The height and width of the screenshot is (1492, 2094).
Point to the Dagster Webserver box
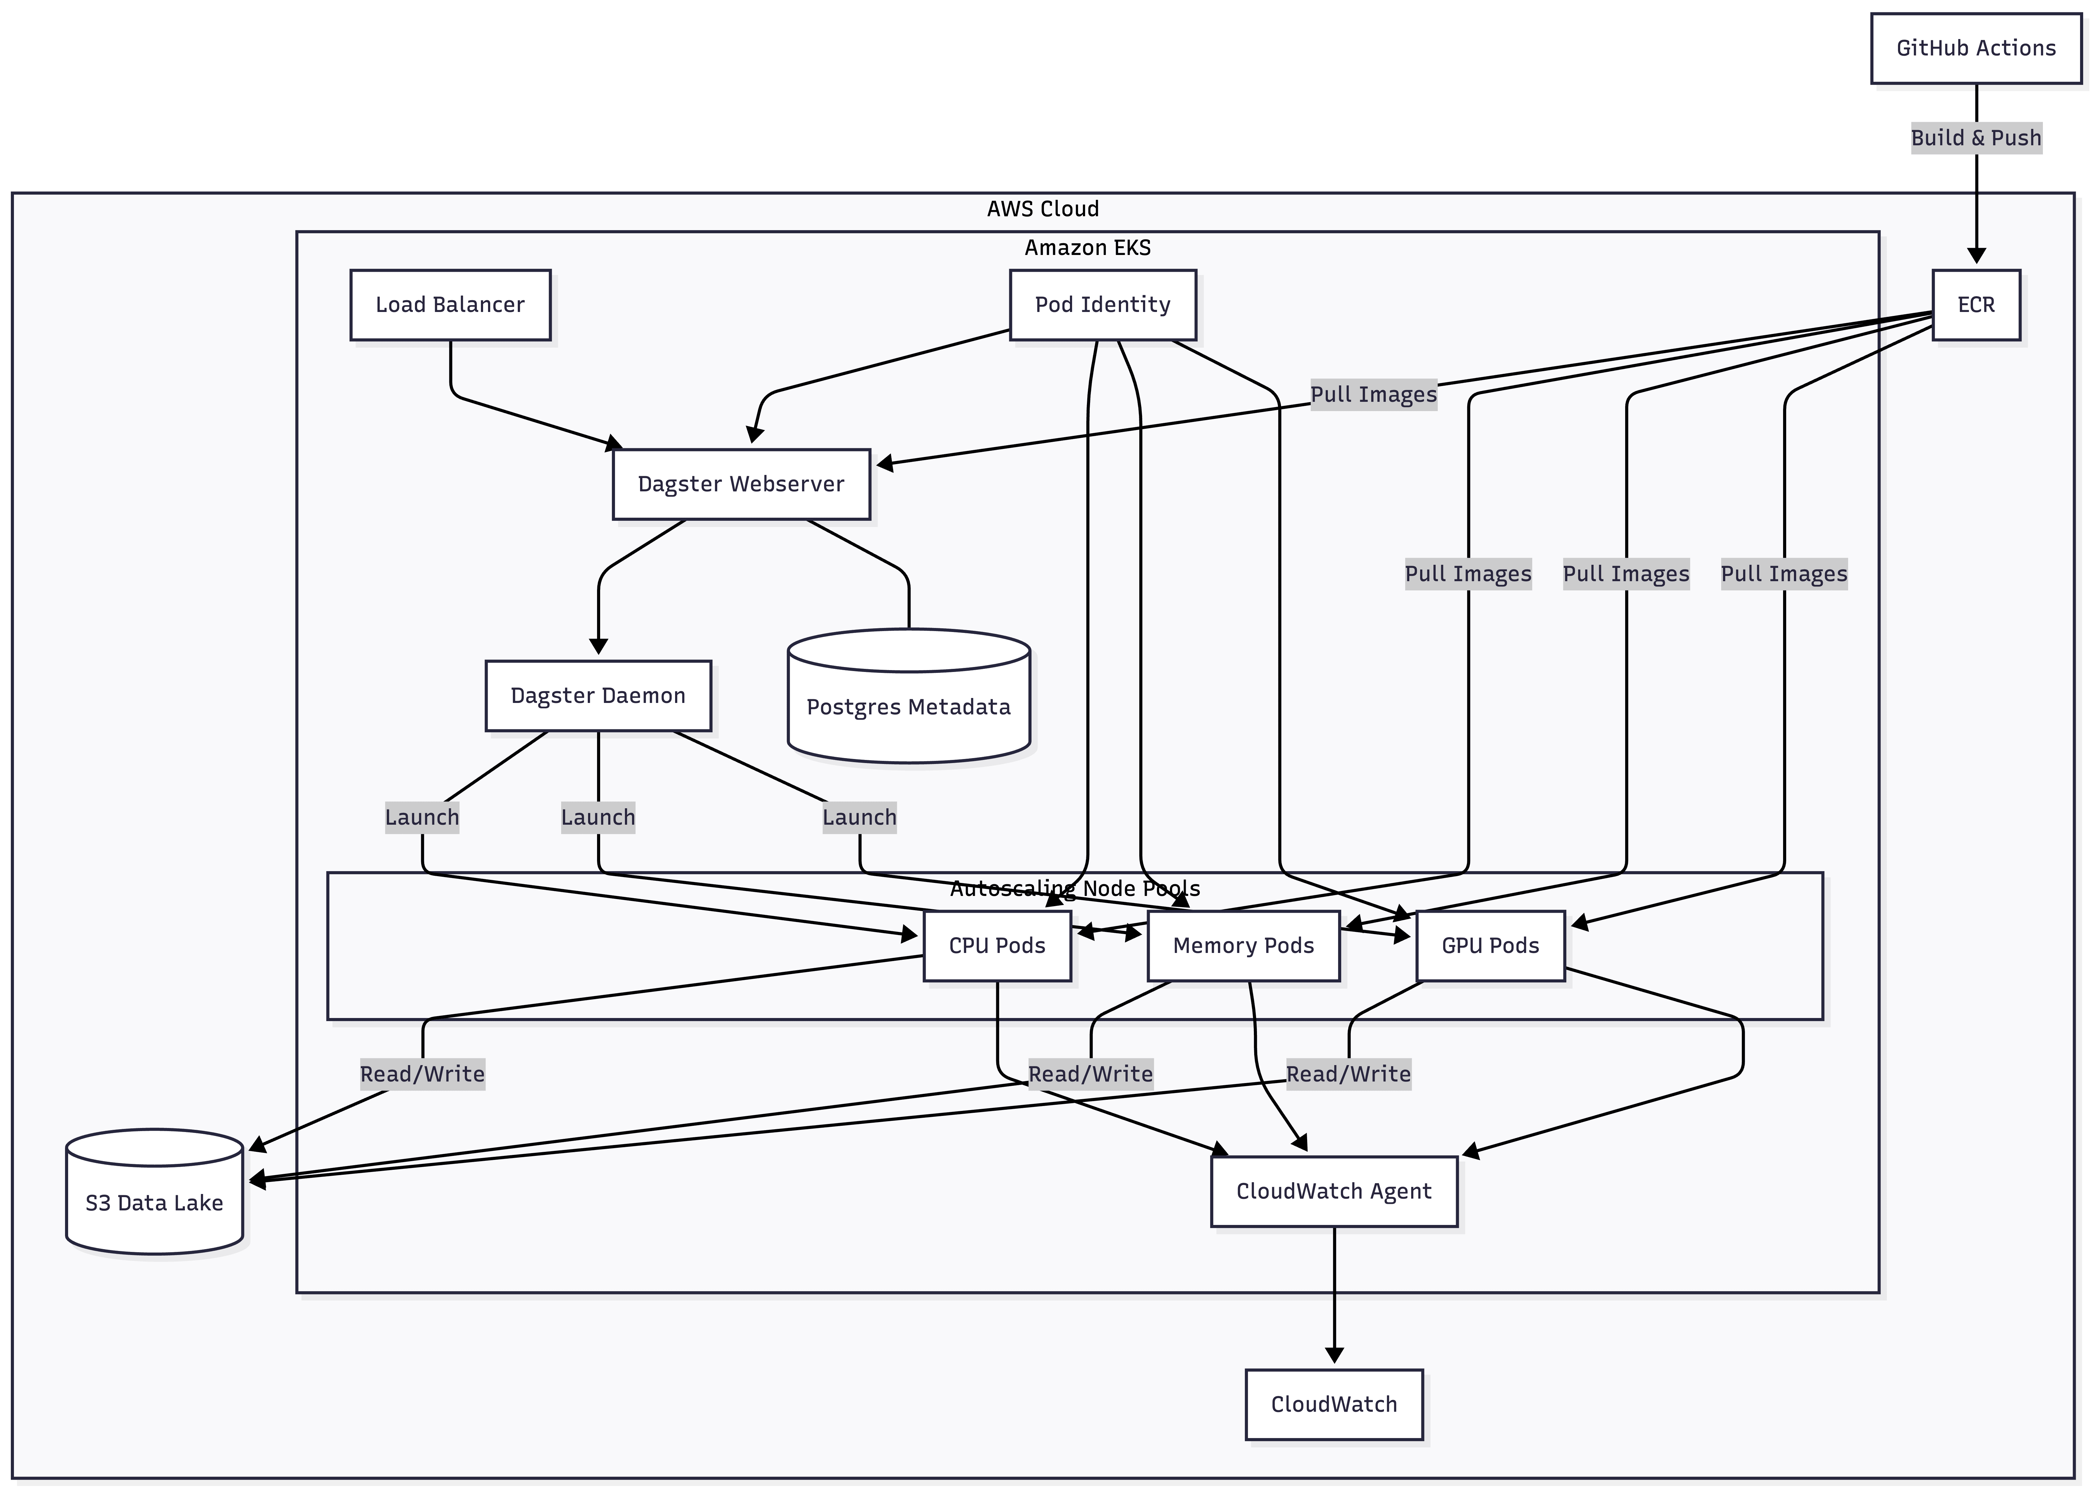click(741, 484)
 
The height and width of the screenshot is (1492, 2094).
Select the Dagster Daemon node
click(598, 696)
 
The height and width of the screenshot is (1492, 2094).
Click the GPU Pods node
click(1490, 946)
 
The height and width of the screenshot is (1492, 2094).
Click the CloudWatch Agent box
click(1333, 1191)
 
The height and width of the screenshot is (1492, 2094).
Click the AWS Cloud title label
click(1042, 208)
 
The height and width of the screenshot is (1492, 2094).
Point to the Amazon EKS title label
click(1087, 247)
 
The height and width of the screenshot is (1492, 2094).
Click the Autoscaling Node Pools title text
click(1075, 889)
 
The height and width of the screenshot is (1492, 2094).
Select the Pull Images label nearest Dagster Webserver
click(1373, 394)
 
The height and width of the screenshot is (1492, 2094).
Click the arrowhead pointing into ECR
click(1976, 255)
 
